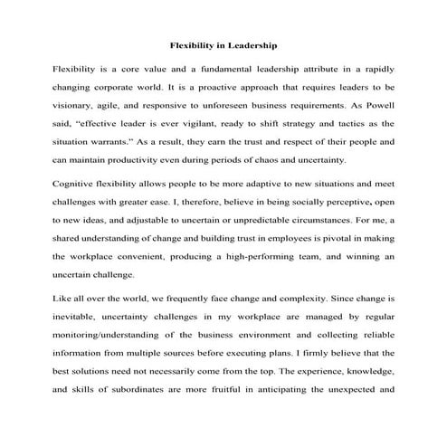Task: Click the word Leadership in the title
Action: [x=250, y=43]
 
